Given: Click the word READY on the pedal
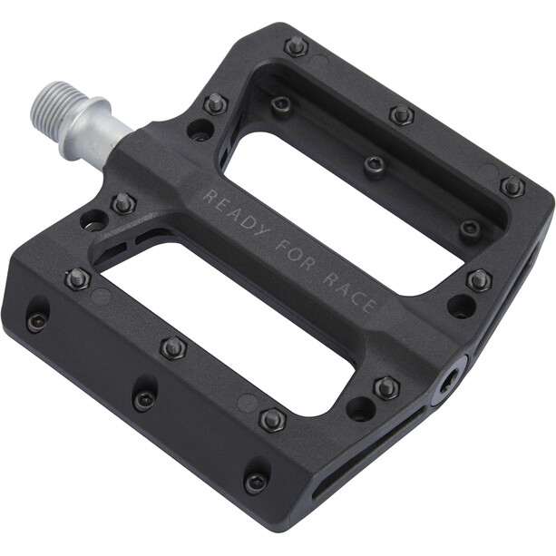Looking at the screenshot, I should coord(235,213).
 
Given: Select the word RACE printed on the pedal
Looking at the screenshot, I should coord(348,290).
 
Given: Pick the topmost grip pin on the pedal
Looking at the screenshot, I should coord(296,45).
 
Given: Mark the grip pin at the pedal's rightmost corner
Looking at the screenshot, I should coord(512,187).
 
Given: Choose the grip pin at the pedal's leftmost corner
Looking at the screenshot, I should coord(76,279).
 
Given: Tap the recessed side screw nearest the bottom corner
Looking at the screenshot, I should coord(256,482).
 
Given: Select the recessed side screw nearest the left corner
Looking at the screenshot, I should coord(36,320).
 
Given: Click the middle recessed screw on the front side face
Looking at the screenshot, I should coord(143,399).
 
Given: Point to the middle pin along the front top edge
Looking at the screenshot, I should coord(172,347).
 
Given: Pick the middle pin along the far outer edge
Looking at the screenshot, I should coord(402,115).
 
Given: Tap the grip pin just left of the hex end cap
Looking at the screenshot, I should coord(387,387).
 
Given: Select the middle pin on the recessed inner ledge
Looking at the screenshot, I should coord(374,166).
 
